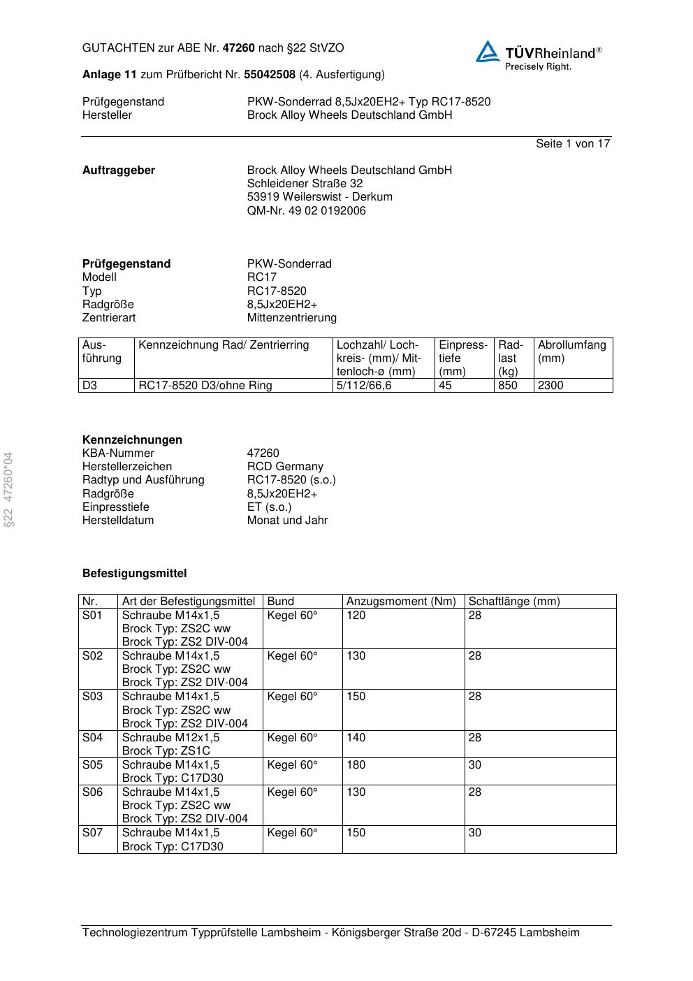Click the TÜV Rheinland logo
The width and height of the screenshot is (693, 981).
tap(538, 55)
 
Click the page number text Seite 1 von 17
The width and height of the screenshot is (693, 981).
tap(572, 143)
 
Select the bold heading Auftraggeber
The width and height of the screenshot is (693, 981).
tap(119, 170)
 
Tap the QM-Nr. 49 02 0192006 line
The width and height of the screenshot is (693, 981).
tap(306, 210)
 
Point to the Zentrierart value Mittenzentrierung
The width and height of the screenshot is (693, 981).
tap(291, 317)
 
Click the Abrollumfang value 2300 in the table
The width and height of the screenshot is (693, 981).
tap(550, 385)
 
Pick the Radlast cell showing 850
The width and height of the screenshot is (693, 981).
tap(508, 385)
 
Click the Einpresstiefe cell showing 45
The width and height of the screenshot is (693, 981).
tap(446, 385)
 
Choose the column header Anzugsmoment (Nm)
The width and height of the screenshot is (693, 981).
tap(401, 601)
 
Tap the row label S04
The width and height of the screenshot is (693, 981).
tap(92, 737)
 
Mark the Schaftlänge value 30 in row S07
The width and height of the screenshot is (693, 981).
tap(475, 832)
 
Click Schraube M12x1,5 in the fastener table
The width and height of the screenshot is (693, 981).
tap(170, 737)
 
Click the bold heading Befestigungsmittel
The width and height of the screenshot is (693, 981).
tap(134, 573)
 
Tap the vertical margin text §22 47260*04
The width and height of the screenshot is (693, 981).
tap(9, 489)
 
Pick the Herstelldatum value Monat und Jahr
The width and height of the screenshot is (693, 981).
tap(287, 520)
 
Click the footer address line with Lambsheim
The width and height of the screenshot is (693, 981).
tap(330, 932)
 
